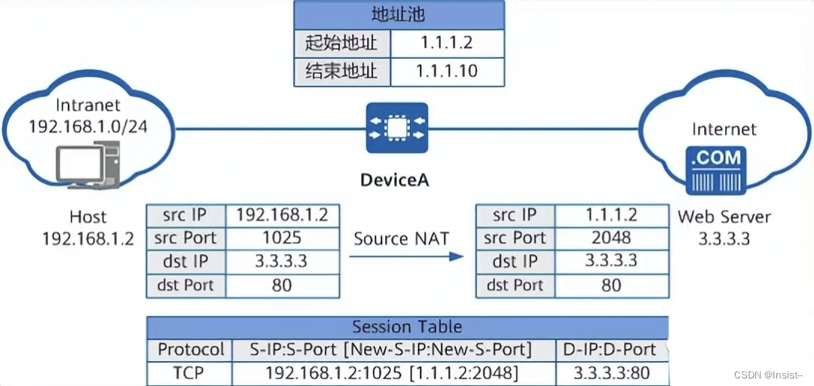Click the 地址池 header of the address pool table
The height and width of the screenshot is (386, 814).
[x=398, y=14]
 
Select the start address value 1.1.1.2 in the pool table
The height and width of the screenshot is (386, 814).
[x=446, y=43]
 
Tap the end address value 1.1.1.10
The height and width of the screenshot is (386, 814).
[x=446, y=72]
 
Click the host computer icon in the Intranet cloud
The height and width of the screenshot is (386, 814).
[x=87, y=166]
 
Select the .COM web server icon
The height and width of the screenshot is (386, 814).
[x=716, y=170]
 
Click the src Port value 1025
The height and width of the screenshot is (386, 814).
[x=282, y=238]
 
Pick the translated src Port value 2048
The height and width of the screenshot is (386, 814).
[x=611, y=238]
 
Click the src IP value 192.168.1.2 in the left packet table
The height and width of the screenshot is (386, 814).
[x=282, y=215]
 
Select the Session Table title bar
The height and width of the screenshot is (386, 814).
[x=407, y=327]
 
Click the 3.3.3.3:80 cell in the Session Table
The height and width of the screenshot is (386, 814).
[x=611, y=372]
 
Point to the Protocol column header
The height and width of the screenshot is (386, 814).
[x=191, y=350]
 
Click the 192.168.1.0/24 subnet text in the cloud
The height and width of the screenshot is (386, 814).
[x=88, y=126]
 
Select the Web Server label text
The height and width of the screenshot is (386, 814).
[x=724, y=217]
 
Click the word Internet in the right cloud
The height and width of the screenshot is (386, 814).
[x=724, y=130]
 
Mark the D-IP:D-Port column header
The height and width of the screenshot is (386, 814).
[x=611, y=350]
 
